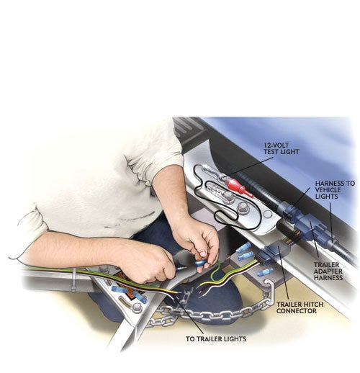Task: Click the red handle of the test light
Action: click(239, 188)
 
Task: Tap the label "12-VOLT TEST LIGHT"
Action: click(282, 148)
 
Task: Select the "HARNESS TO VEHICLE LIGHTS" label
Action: click(335, 190)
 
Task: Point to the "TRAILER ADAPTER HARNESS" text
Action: click(328, 271)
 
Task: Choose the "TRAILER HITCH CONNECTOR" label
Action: click(300, 307)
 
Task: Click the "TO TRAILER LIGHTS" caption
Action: click(216, 338)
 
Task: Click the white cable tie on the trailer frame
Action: click(74, 280)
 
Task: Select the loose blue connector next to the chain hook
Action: click(265, 272)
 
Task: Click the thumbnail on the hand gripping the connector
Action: click(203, 253)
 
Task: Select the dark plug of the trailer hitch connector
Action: click(274, 254)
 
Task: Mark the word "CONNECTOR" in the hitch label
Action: click(297, 311)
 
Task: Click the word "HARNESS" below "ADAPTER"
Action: click(328, 278)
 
